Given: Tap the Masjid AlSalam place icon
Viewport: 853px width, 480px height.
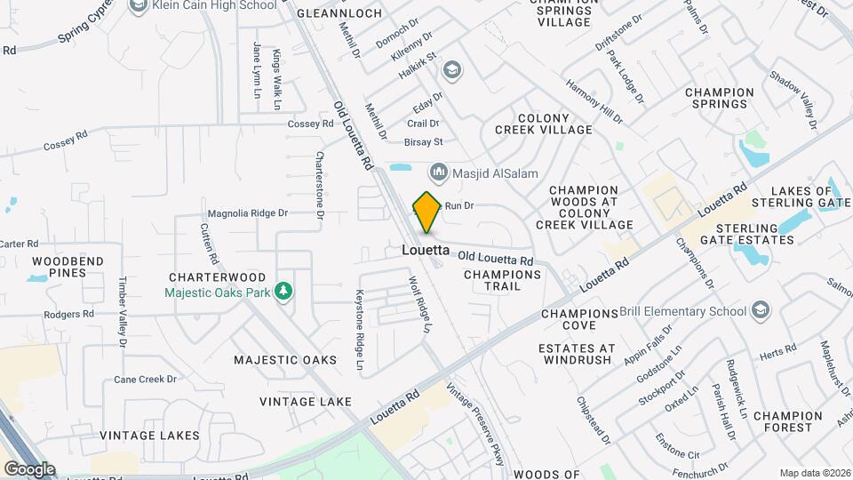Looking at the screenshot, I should click(437, 172).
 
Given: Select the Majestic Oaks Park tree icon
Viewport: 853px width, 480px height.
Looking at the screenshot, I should click(283, 292).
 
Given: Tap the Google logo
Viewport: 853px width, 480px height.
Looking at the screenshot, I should click(29, 468).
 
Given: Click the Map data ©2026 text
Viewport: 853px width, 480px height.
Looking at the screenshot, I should click(814, 472).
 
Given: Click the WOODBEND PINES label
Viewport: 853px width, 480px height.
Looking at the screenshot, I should click(68, 267).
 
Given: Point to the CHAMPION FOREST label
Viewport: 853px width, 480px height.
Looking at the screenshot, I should click(788, 421).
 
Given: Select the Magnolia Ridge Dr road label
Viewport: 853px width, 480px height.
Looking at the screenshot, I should click(248, 213).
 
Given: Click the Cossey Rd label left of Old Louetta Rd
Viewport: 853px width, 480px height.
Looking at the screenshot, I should click(310, 124).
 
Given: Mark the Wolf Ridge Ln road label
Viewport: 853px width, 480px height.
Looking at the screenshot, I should click(419, 305).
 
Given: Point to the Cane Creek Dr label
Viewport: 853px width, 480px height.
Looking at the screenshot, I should click(146, 380).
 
